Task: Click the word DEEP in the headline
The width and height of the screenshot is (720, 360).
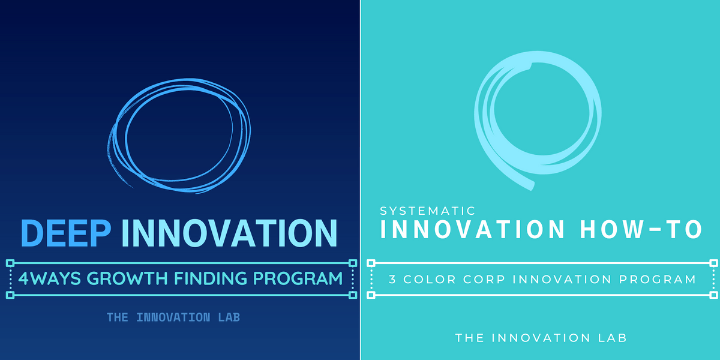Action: click(x=66, y=233)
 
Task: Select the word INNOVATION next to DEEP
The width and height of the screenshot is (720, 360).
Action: click(x=229, y=233)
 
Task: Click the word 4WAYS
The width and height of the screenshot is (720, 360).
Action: click(x=49, y=278)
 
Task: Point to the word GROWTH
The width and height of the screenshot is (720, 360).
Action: click(x=127, y=278)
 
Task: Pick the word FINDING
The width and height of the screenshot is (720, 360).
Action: click(x=211, y=278)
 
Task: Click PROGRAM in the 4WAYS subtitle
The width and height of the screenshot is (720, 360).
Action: click(x=298, y=278)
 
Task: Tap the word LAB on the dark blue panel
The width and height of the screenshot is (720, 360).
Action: click(x=229, y=317)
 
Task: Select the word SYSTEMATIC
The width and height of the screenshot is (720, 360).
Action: click(x=427, y=211)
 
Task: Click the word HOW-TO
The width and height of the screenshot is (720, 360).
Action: click(x=641, y=229)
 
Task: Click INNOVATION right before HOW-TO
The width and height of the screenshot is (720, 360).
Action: click(x=472, y=229)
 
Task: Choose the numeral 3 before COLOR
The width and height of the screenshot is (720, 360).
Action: click(x=392, y=280)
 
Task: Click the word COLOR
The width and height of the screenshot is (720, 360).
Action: click(x=430, y=280)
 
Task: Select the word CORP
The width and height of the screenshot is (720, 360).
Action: click(x=484, y=280)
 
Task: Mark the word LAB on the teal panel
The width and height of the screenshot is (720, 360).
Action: click(x=613, y=338)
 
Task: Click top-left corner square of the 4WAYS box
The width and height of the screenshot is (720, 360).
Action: click(x=10, y=263)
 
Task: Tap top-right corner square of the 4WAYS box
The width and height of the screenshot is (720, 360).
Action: click(x=353, y=263)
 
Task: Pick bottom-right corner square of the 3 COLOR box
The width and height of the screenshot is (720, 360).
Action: click(x=713, y=295)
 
